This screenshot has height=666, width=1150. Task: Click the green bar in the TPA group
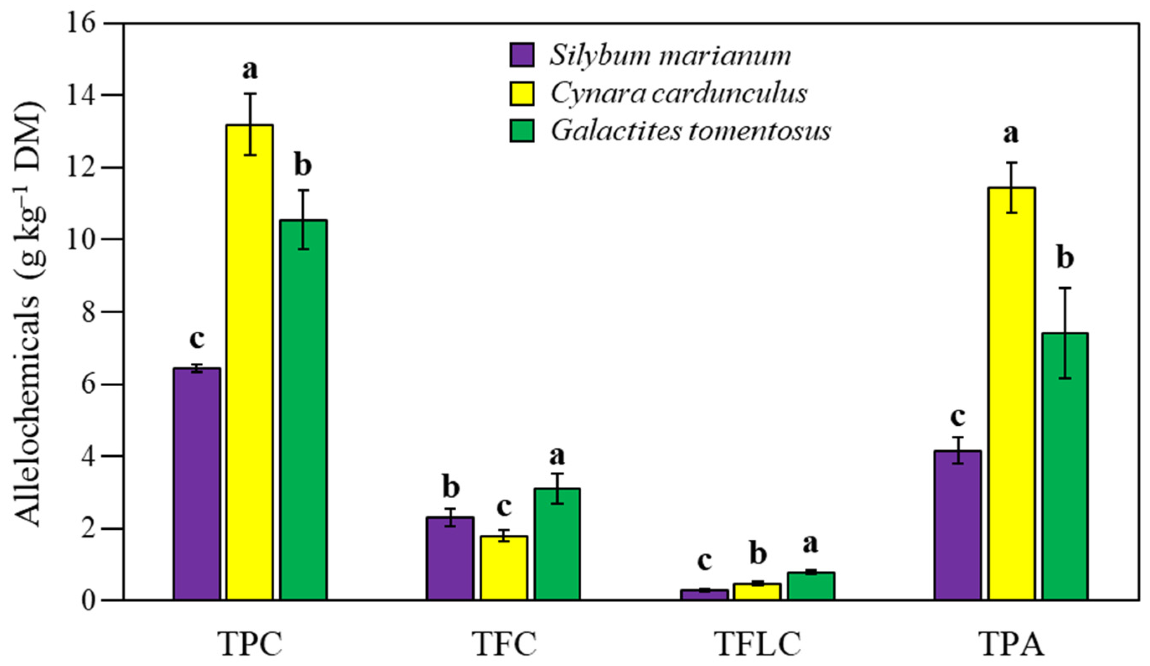pyautogui.click(x=1065, y=466)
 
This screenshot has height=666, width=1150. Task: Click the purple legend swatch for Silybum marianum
pyautogui.click(x=522, y=56)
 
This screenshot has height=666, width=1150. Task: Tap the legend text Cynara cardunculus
pyautogui.click(x=679, y=93)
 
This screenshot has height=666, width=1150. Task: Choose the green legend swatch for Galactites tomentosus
pyautogui.click(x=522, y=130)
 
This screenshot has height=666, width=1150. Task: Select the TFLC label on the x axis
pyautogui.click(x=758, y=644)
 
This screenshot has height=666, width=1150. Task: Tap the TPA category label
pyautogui.click(x=1011, y=644)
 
